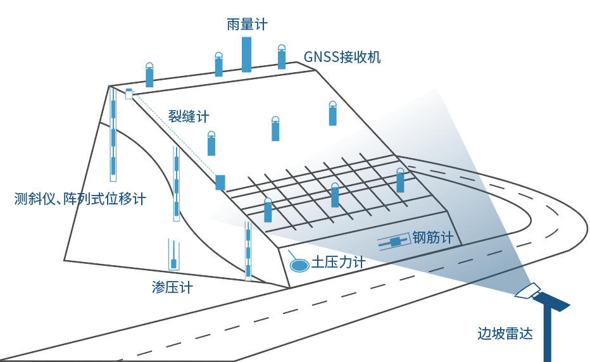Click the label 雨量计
point(247,25)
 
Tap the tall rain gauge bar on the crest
point(246,54)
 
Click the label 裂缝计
point(188,116)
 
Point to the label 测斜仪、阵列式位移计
point(80,199)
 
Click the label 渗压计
point(172,287)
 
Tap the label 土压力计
point(338,261)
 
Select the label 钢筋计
point(433,238)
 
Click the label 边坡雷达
point(505,334)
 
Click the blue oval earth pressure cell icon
point(298,265)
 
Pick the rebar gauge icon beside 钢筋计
point(395,242)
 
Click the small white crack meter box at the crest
point(129,94)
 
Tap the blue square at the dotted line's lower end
point(220,182)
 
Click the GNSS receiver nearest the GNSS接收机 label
point(282,58)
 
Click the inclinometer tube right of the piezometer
point(248,251)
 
